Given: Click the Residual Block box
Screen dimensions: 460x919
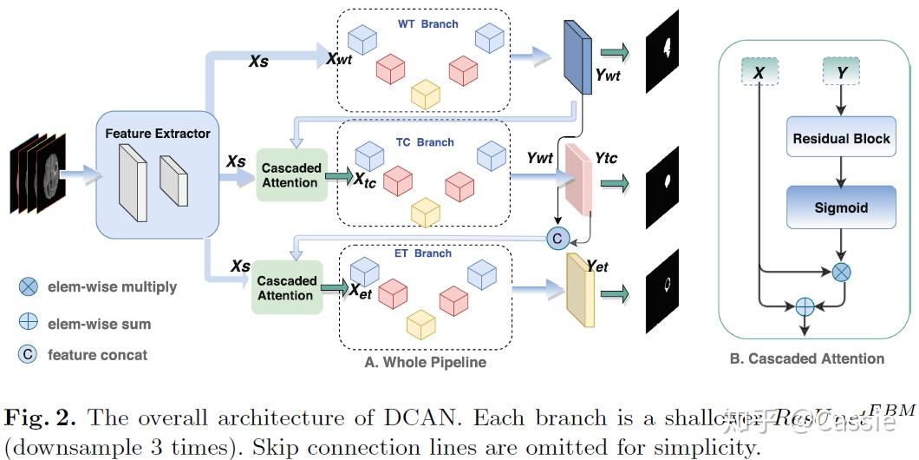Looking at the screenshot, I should pos(840,139).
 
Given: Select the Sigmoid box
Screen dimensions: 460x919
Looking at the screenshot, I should pos(840,208).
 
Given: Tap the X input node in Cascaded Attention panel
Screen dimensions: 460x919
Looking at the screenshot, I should pos(759,74).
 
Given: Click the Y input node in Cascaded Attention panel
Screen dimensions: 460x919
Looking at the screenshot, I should pos(841,74).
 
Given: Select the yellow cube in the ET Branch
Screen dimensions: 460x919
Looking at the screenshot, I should pos(421,324).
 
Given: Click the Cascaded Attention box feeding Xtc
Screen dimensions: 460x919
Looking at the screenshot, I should pos(291,175).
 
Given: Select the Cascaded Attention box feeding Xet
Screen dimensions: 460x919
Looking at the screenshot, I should pos(286,288).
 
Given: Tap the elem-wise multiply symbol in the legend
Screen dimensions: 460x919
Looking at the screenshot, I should pos(28,287).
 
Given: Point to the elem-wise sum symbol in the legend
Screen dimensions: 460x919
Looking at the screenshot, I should pos(28,323).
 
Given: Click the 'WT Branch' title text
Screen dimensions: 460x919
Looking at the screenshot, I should pos(427,23).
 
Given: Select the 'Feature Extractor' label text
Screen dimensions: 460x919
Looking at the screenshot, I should pos(158,134).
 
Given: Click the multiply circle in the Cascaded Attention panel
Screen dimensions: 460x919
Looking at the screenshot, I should pos(841,273).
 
